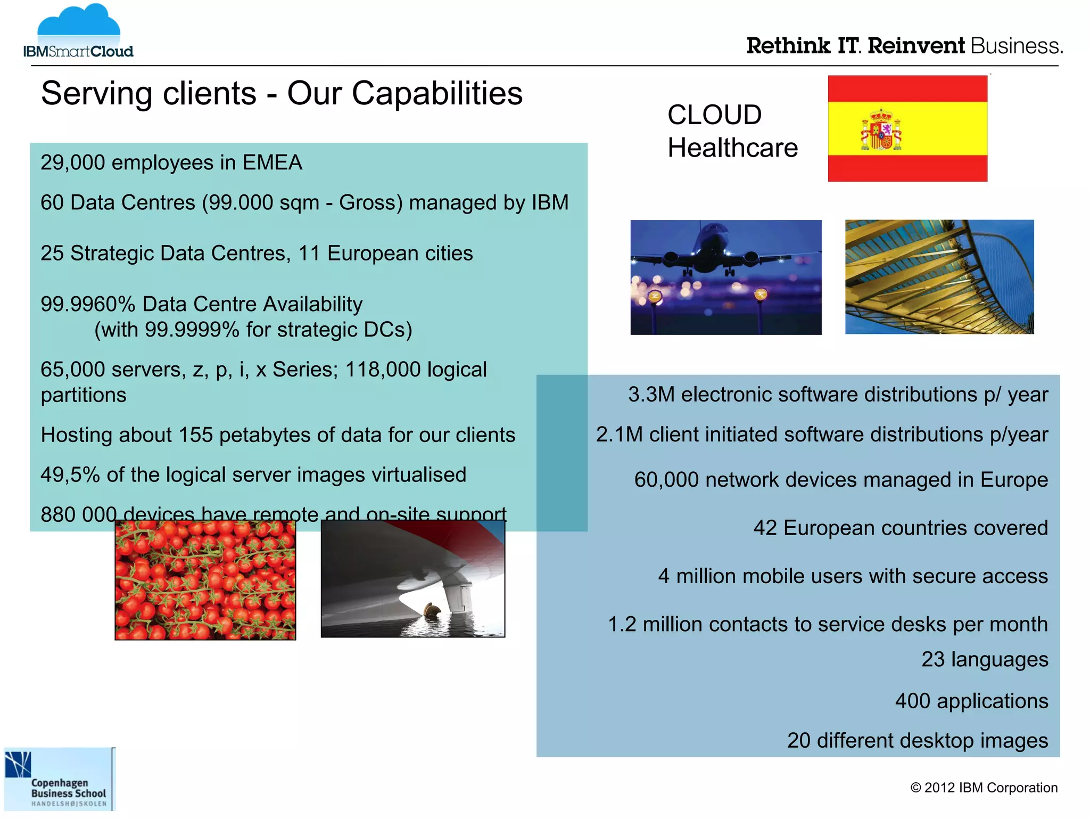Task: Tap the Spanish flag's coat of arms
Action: coord(881,130)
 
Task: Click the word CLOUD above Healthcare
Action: coord(714,115)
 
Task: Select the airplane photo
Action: coord(725,277)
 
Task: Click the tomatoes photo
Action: coord(205,580)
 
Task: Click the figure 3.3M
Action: coord(651,395)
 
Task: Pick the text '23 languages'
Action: coord(985,659)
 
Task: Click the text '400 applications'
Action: coord(971,701)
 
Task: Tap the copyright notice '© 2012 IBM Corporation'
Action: coord(984,788)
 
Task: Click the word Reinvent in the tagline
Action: coord(915,46)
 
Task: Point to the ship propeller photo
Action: coord(413,578)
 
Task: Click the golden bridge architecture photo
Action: coord(939,277)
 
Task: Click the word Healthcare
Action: coord(732,148)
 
